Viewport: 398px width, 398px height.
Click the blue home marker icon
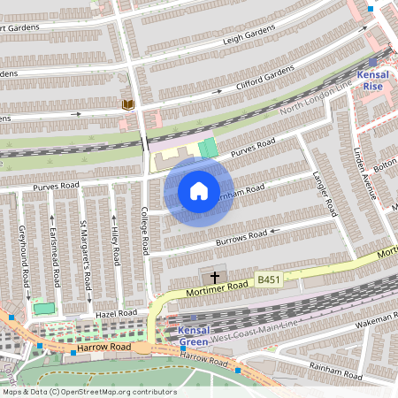(x=198, y=191)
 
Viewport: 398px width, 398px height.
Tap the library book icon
(x=128, y=105)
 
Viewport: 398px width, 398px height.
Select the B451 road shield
(x=269, y=279)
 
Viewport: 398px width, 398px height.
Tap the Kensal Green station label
(x=194, y=336)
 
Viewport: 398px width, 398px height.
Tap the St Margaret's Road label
(x=86, y=256)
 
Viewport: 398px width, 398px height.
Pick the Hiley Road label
(x=116, y=245)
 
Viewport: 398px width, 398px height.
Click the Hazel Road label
(x=118, y=313)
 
